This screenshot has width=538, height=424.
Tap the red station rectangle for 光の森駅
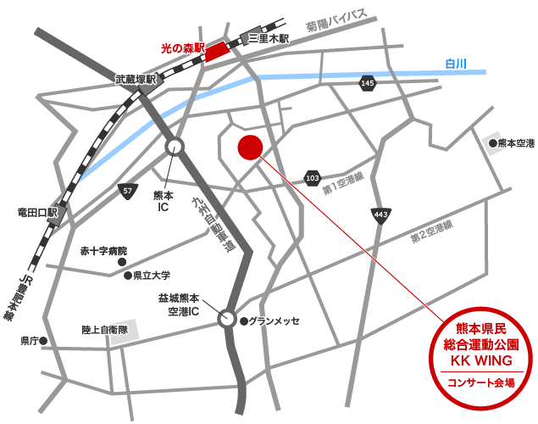click(217, 50)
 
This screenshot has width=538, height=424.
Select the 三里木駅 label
click(269, 38)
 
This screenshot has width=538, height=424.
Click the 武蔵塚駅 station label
click(137, 80)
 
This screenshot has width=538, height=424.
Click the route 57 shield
click(127, 190)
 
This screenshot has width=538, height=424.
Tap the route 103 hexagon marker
click(312, 178)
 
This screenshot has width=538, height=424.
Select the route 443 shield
click(380, 215)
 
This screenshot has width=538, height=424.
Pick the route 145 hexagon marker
click(367, 83)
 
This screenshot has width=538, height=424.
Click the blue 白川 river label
click(456, 64)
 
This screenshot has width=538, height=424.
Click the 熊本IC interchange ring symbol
click(175, 146)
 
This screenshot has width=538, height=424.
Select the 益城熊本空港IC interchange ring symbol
click(227, 320)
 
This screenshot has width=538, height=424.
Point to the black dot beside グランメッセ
click(244, 321)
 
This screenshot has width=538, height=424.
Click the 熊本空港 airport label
click(516, 144)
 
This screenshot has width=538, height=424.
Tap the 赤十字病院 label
click(103, 251)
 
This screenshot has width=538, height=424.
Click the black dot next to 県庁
click(43, 341)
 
